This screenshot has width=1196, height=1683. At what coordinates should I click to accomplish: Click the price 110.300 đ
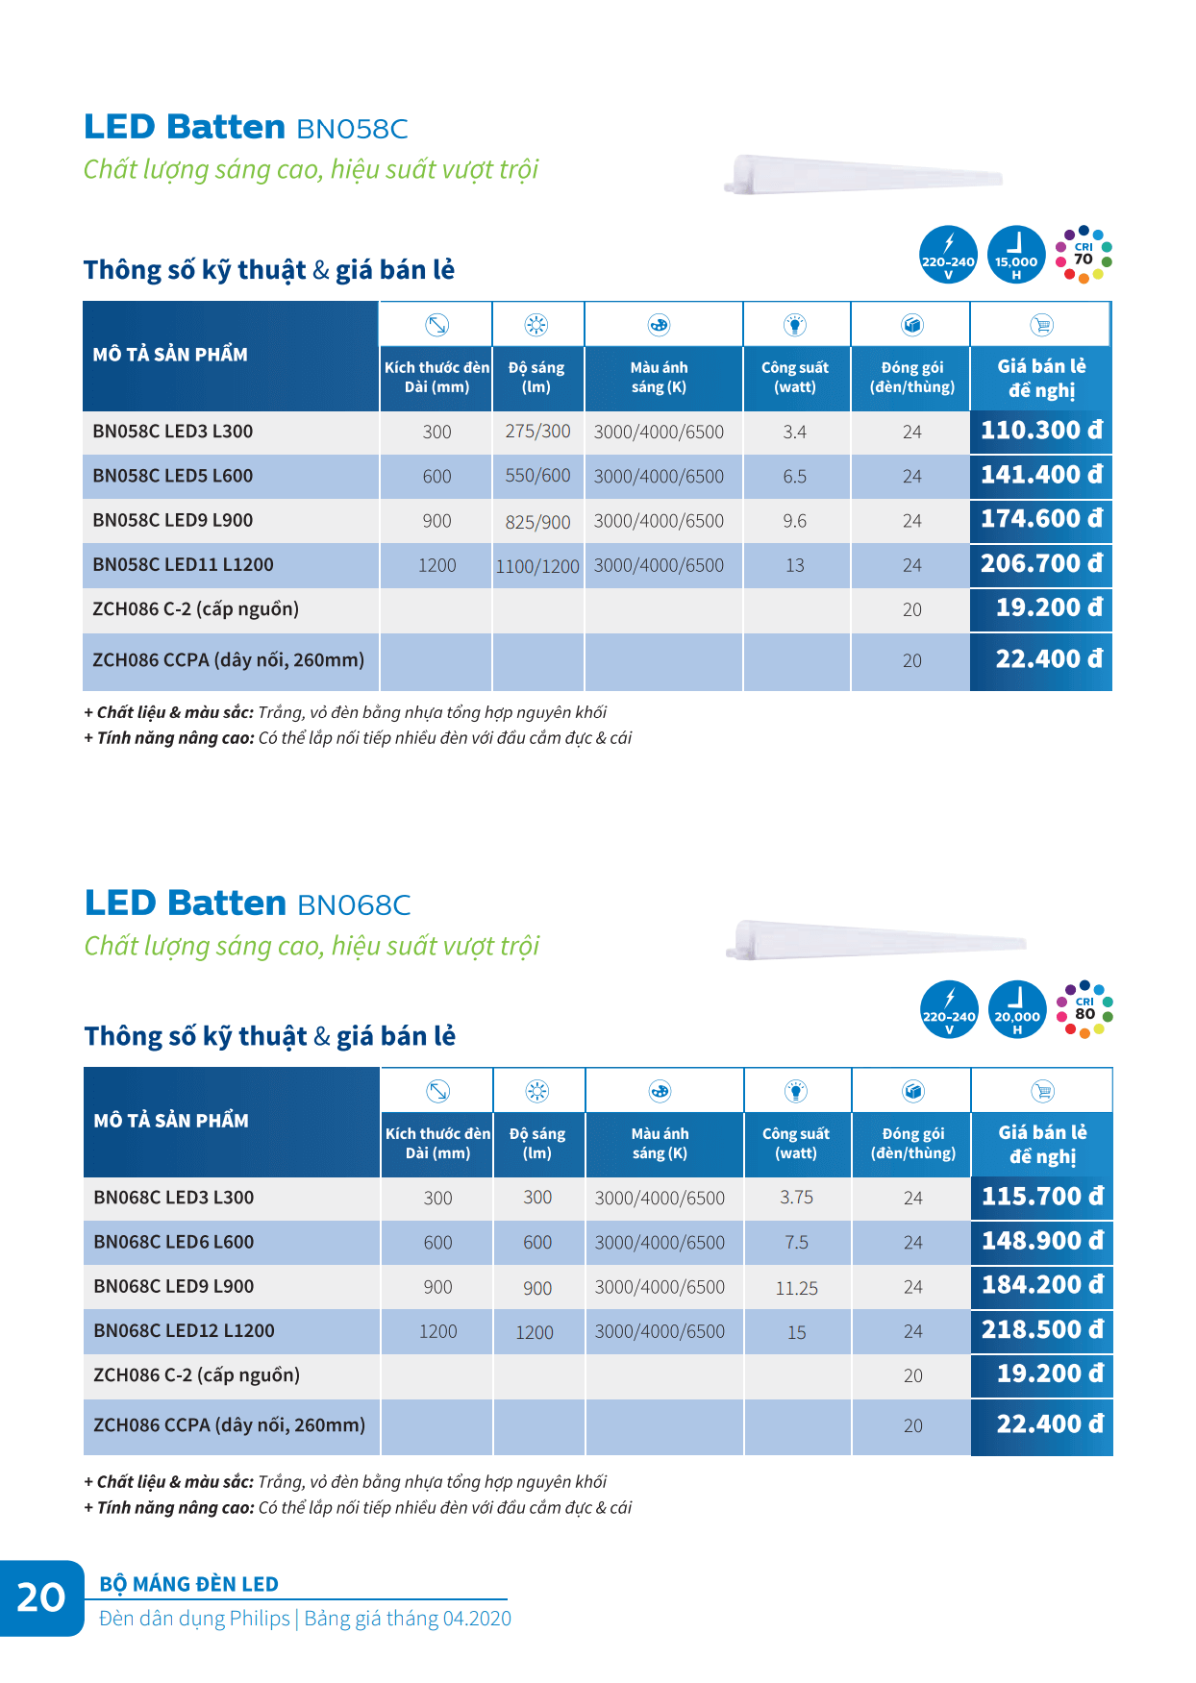[1040, 431]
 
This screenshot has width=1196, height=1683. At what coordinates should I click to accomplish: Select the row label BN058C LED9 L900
[173, 520]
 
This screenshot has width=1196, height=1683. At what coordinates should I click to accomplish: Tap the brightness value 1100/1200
[537, 566]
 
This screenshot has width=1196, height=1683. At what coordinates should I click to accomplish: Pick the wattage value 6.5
[794, 477]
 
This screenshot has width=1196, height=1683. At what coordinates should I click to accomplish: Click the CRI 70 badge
[1084, 255]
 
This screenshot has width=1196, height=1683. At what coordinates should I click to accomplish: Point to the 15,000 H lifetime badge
[1016, 255]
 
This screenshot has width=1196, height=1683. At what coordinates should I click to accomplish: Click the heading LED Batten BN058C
[246, 127]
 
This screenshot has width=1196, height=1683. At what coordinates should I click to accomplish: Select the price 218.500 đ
[1042, 1330]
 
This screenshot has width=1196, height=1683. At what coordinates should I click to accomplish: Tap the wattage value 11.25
[796, 1288]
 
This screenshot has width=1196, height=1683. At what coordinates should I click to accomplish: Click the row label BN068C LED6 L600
[174, 1242]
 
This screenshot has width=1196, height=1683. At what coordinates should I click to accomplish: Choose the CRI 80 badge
[1084, 1009]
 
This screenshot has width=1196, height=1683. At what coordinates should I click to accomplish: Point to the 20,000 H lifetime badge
[1017, 1009]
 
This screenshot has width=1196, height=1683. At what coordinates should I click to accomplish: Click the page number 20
[41, 1597]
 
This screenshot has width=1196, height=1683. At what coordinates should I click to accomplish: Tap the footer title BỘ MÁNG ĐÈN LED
[189, 1584]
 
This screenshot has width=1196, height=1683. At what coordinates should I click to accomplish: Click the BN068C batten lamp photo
[875, 940]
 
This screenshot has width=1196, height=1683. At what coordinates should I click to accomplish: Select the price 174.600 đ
[1040, 519]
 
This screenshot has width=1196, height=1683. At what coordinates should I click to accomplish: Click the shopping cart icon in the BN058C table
[1041, 325]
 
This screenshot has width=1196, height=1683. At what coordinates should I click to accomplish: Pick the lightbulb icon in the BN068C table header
[796, 1091]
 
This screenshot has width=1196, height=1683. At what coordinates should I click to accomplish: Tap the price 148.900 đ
[1042, 1241]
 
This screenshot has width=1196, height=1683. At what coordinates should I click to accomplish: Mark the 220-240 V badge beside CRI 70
[948, 255]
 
